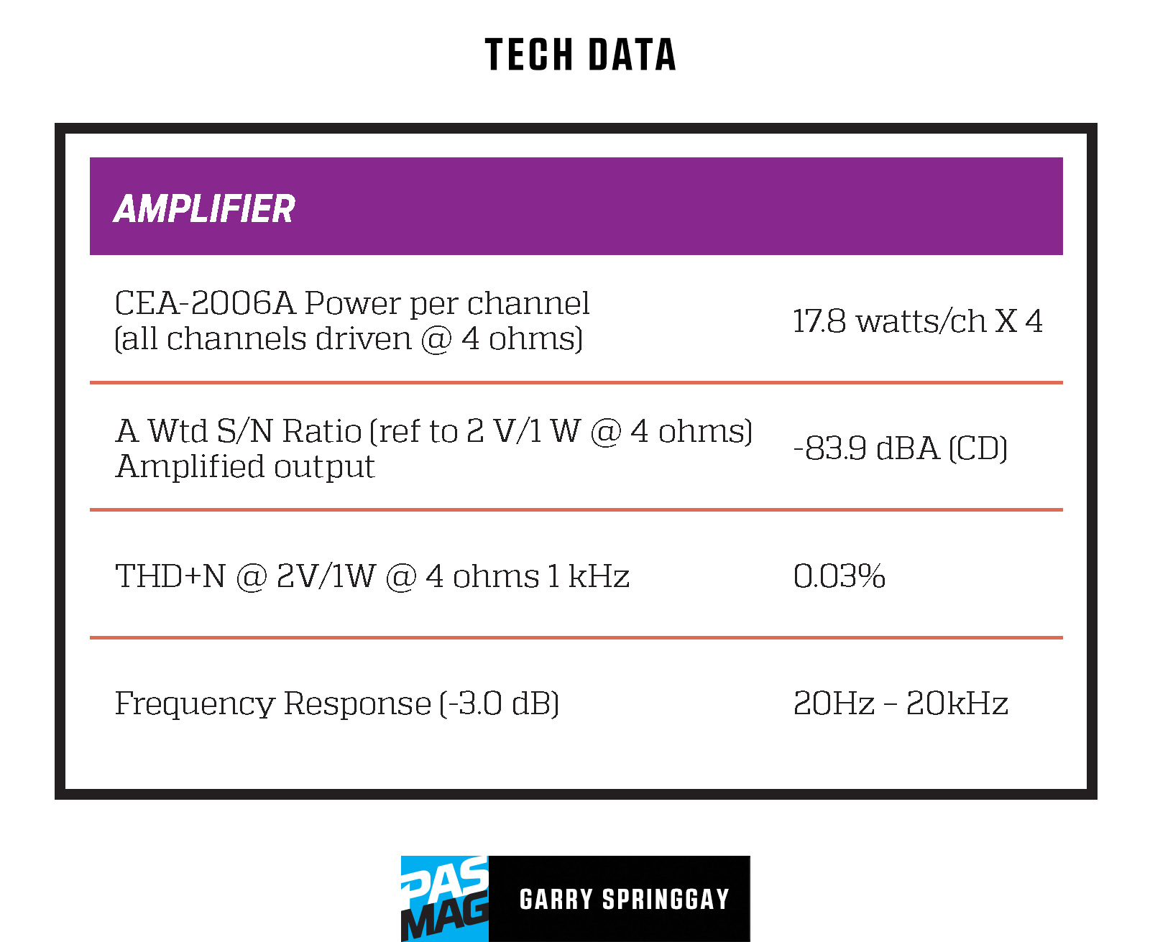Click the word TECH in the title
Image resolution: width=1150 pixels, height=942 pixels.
528,55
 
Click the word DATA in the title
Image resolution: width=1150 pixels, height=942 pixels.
632,55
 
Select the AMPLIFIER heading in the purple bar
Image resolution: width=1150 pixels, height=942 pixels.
204,209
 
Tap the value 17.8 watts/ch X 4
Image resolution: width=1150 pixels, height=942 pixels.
918,320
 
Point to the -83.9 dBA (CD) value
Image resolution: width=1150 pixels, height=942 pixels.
901,448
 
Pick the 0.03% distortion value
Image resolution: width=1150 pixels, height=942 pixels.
839,576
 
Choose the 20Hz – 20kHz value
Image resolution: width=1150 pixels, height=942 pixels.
901,703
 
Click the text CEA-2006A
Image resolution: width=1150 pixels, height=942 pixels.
205,303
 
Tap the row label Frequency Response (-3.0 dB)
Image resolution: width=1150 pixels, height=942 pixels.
337,703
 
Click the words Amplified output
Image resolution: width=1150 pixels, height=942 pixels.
245,466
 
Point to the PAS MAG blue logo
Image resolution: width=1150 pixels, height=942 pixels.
444,898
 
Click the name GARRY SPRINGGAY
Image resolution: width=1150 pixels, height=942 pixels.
625,899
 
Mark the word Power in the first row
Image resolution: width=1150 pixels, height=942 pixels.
352,303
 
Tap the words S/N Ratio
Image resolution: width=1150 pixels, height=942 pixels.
289,430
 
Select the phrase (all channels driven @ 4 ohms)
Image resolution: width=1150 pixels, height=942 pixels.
349,339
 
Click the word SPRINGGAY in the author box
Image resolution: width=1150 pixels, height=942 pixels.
666,899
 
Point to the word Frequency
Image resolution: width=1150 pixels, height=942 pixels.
195,704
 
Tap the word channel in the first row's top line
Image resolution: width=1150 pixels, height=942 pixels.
528,303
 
